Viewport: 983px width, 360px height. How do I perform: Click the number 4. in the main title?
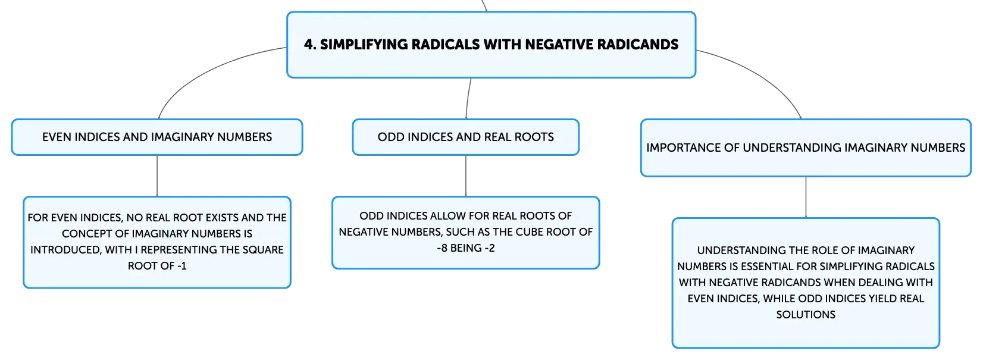pyautogui.click(x=310, y=45)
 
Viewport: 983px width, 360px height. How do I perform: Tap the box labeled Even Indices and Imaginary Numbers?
pyautogui.click(x=157, y=137)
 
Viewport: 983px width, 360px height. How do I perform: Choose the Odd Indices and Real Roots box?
pyautogui.click(x=465, y=137)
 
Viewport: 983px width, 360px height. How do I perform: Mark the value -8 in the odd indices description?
pyautogui.click(x=442, y=248)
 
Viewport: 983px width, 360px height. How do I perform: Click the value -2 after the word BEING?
pyautogui.click(x=489, y=248)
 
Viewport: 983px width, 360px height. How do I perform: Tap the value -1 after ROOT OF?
pyautogui.click(x=181, y=266)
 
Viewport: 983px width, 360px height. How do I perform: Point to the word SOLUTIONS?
pyautogui.click(x=806, y=315)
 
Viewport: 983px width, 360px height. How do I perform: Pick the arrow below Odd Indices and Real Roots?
pyautogui.click(x=465, y=176)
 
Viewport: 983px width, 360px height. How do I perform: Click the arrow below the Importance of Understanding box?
pyautogui.click(x=806, y=197)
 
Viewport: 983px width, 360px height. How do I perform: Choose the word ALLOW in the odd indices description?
pyautogui.click(x=446, y=216)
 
